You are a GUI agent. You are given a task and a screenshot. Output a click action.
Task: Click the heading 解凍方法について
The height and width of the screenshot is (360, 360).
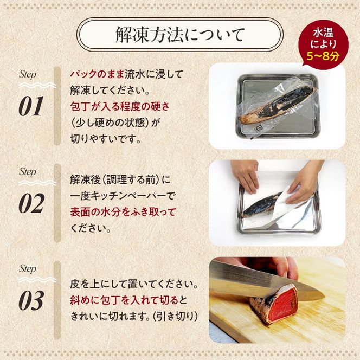(x=180, y=35)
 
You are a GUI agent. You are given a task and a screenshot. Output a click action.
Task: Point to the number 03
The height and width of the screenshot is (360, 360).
(x=31, y=301)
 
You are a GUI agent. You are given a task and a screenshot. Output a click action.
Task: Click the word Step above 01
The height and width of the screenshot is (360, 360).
(x=28, y=75)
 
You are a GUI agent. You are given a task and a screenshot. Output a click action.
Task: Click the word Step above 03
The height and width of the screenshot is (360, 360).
(x=28, y=269)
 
